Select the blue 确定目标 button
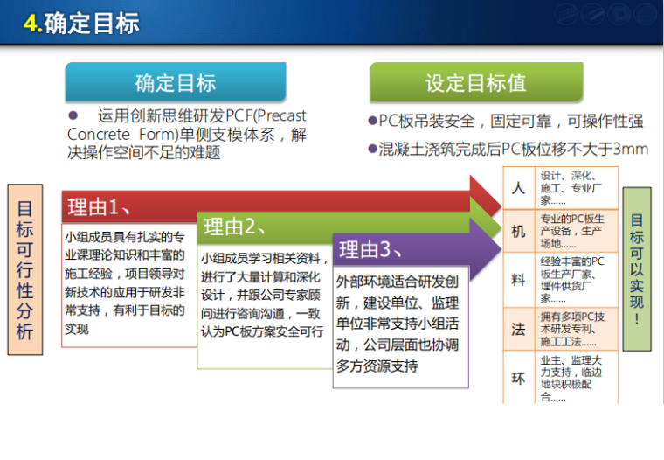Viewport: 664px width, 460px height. pyautogui.click(x=175, y=83)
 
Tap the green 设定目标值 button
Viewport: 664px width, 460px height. pyautogui.click(x=475, y=83)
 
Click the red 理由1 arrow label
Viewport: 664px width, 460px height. pyautogui.click(x=98, y=207)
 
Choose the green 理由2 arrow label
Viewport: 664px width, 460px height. pyautogui.click(x=234, y=228)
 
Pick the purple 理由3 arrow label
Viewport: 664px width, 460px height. pyautogui.click(x=370, y=250)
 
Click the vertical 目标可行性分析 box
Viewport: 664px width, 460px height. pyautogui.click(x=24, y=270)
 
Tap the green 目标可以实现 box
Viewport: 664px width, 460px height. pyautogui.click(x=637, y=268)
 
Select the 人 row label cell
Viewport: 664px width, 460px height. pyautogui.click(x=518, y=188)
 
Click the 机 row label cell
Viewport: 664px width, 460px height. pyautogui.click(x=518, y=232)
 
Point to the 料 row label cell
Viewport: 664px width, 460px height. pyautogui.click(x=518, y=280)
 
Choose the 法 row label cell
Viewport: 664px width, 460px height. pyautogui.click(x=518, y=329)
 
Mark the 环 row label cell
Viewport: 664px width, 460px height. pyautogui.click(x=518, y=378)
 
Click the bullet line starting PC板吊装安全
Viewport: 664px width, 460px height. pyautogui.click(x=505, y=122)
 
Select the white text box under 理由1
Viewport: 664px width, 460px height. pyautogui.click(x=125, y=282)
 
